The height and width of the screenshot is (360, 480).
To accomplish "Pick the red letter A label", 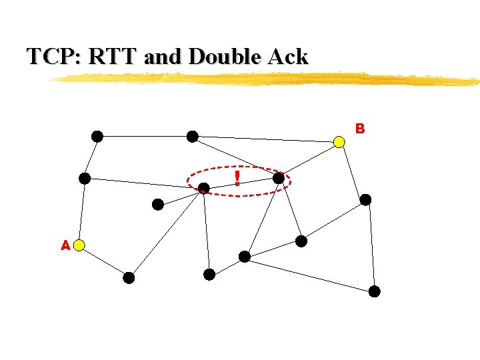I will pyautogui.click(x=65, y=245).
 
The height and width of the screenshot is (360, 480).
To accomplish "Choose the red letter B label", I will pyautogui.click(x=360, y=128).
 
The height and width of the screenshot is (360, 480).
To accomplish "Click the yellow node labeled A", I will pyautogui.click(x=79, y=245).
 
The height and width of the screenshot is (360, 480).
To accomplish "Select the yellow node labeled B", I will pyautogui.click(x=339, y=142).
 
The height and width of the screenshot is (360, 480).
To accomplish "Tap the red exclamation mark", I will pyautogui.click(x=237, y=177).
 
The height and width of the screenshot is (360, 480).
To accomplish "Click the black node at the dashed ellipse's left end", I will pyautogui.click(x=204, y=189).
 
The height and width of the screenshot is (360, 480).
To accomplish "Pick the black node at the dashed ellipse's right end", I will pyautogui.click(x=279, y=178).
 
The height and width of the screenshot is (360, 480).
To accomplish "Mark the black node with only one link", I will pyautogui.click(x=158, y=205).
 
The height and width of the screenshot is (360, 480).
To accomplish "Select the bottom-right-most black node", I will pyautogui.click(x=375, y=291).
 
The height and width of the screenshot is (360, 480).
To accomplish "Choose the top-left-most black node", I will pyautogui.click(x=97, y=137).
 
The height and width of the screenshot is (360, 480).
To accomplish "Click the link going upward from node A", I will pyautogui.click(x=82, y=212).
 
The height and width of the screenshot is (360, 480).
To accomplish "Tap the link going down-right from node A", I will pyautogui.click(x=104, y=261).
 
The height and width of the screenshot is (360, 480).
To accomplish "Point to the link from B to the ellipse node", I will pyautogui.click(x=309, y=160).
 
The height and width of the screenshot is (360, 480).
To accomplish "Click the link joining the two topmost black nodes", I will pyautogui.click(x=145, y=137).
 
